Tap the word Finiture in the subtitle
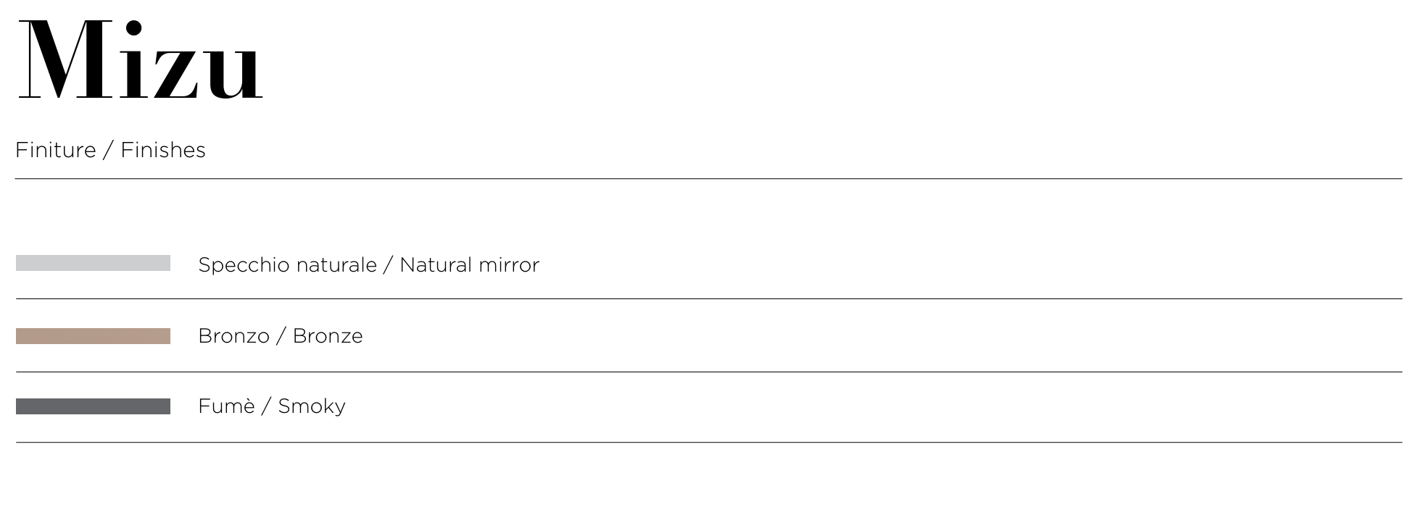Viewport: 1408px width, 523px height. (56, 150)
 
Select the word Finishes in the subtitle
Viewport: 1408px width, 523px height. (163, 150)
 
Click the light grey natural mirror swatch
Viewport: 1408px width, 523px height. (93, 263)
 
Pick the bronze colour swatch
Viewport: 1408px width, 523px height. (93, 336)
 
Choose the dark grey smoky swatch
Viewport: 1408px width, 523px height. (93, 406)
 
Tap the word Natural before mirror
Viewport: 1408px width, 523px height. (436, 265)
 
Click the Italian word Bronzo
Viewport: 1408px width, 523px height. (233, 336)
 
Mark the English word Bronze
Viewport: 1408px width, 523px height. (328, 336)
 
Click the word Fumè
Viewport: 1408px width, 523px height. (226, 406)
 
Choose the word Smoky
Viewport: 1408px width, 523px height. (312, 407)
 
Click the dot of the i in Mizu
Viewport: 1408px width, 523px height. (133, 28)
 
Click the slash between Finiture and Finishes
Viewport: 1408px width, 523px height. (108, 151)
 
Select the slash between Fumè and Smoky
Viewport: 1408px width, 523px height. (266, 407)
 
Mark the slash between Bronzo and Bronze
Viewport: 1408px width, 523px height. (281, 337)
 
